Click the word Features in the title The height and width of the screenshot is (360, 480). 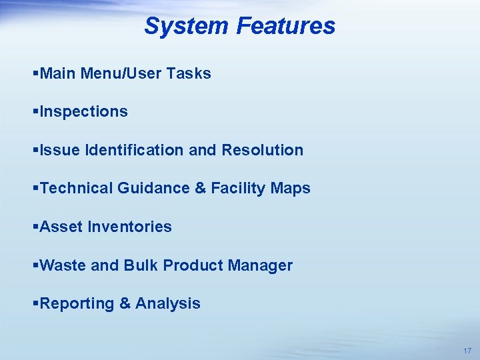(x=285, y=26)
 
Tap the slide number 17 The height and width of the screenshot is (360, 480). (x=466, y=351)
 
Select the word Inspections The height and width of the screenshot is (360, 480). (x=83, y=112)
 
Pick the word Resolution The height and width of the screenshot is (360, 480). (x=262, y=150)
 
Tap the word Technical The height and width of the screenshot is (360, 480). (x=76, y=189)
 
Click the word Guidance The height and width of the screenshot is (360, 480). (x=153, y=189)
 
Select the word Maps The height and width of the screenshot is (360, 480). (x=291, y=189)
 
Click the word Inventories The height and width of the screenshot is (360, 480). (x=129, y=227)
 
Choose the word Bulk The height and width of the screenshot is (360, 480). (x=141, y=265)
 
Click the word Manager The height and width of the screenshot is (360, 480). (x=260, y=265)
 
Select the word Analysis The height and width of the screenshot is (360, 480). (x=167, y=304)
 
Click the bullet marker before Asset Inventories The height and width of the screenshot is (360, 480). (x=35, y=227)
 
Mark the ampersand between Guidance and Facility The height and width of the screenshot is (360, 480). (x=200, y=189)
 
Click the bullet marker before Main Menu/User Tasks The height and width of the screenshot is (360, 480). (x=35, y=74)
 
